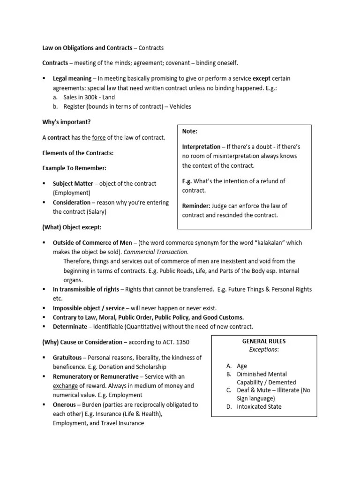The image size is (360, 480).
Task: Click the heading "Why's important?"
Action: (66, 122)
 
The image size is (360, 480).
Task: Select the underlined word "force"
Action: (98, 137)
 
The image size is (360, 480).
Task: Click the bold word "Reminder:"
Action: (196, 206)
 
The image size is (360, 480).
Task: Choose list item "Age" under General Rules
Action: (242, 366)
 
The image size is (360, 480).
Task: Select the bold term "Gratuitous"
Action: (68, 357)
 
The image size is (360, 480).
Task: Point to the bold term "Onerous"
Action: (65, 404)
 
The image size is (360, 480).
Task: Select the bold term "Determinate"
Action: (70, 326)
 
